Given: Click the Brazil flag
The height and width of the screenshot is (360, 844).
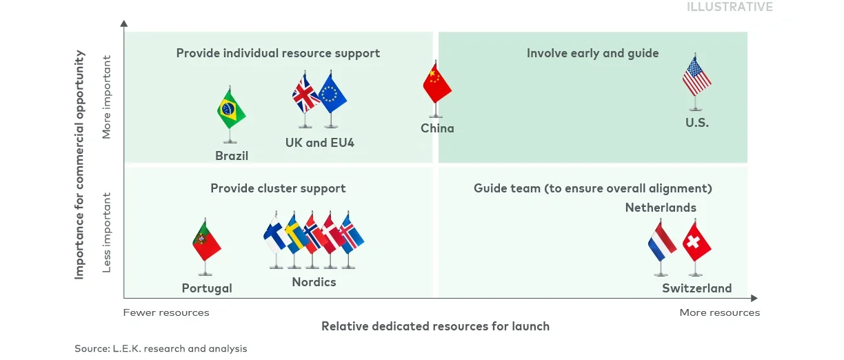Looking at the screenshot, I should coord(231,109).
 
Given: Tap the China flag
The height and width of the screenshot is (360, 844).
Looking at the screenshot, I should coord(436,83).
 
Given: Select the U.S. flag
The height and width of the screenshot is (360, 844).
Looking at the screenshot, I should coord(696,77).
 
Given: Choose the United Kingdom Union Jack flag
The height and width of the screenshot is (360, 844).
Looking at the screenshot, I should coord(305,94).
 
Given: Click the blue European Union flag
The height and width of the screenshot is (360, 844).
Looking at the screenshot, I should coord(332,94).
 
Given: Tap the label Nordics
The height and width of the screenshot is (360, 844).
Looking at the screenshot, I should coord(314,282).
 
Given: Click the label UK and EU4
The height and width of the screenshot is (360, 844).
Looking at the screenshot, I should coord(319,143).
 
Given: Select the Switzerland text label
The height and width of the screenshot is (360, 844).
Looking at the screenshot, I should coord(696,288).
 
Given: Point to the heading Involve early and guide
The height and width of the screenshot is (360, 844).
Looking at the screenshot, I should coord(592,53).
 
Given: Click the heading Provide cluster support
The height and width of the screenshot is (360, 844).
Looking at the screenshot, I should coord(278,188).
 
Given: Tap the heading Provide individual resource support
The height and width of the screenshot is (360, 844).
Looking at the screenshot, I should coord(278,53).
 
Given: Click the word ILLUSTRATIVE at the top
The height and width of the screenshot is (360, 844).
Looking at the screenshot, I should coord(730,7).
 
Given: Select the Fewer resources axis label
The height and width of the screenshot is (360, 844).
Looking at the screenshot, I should coord(166,312).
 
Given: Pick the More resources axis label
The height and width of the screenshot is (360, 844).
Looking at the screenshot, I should coord(719,312).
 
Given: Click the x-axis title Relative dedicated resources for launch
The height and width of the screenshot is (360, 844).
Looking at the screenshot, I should coord(435,326).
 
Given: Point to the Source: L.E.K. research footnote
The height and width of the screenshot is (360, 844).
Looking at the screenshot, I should coord(161,348).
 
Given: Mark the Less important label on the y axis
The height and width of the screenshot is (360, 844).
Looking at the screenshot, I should coord(107,232).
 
